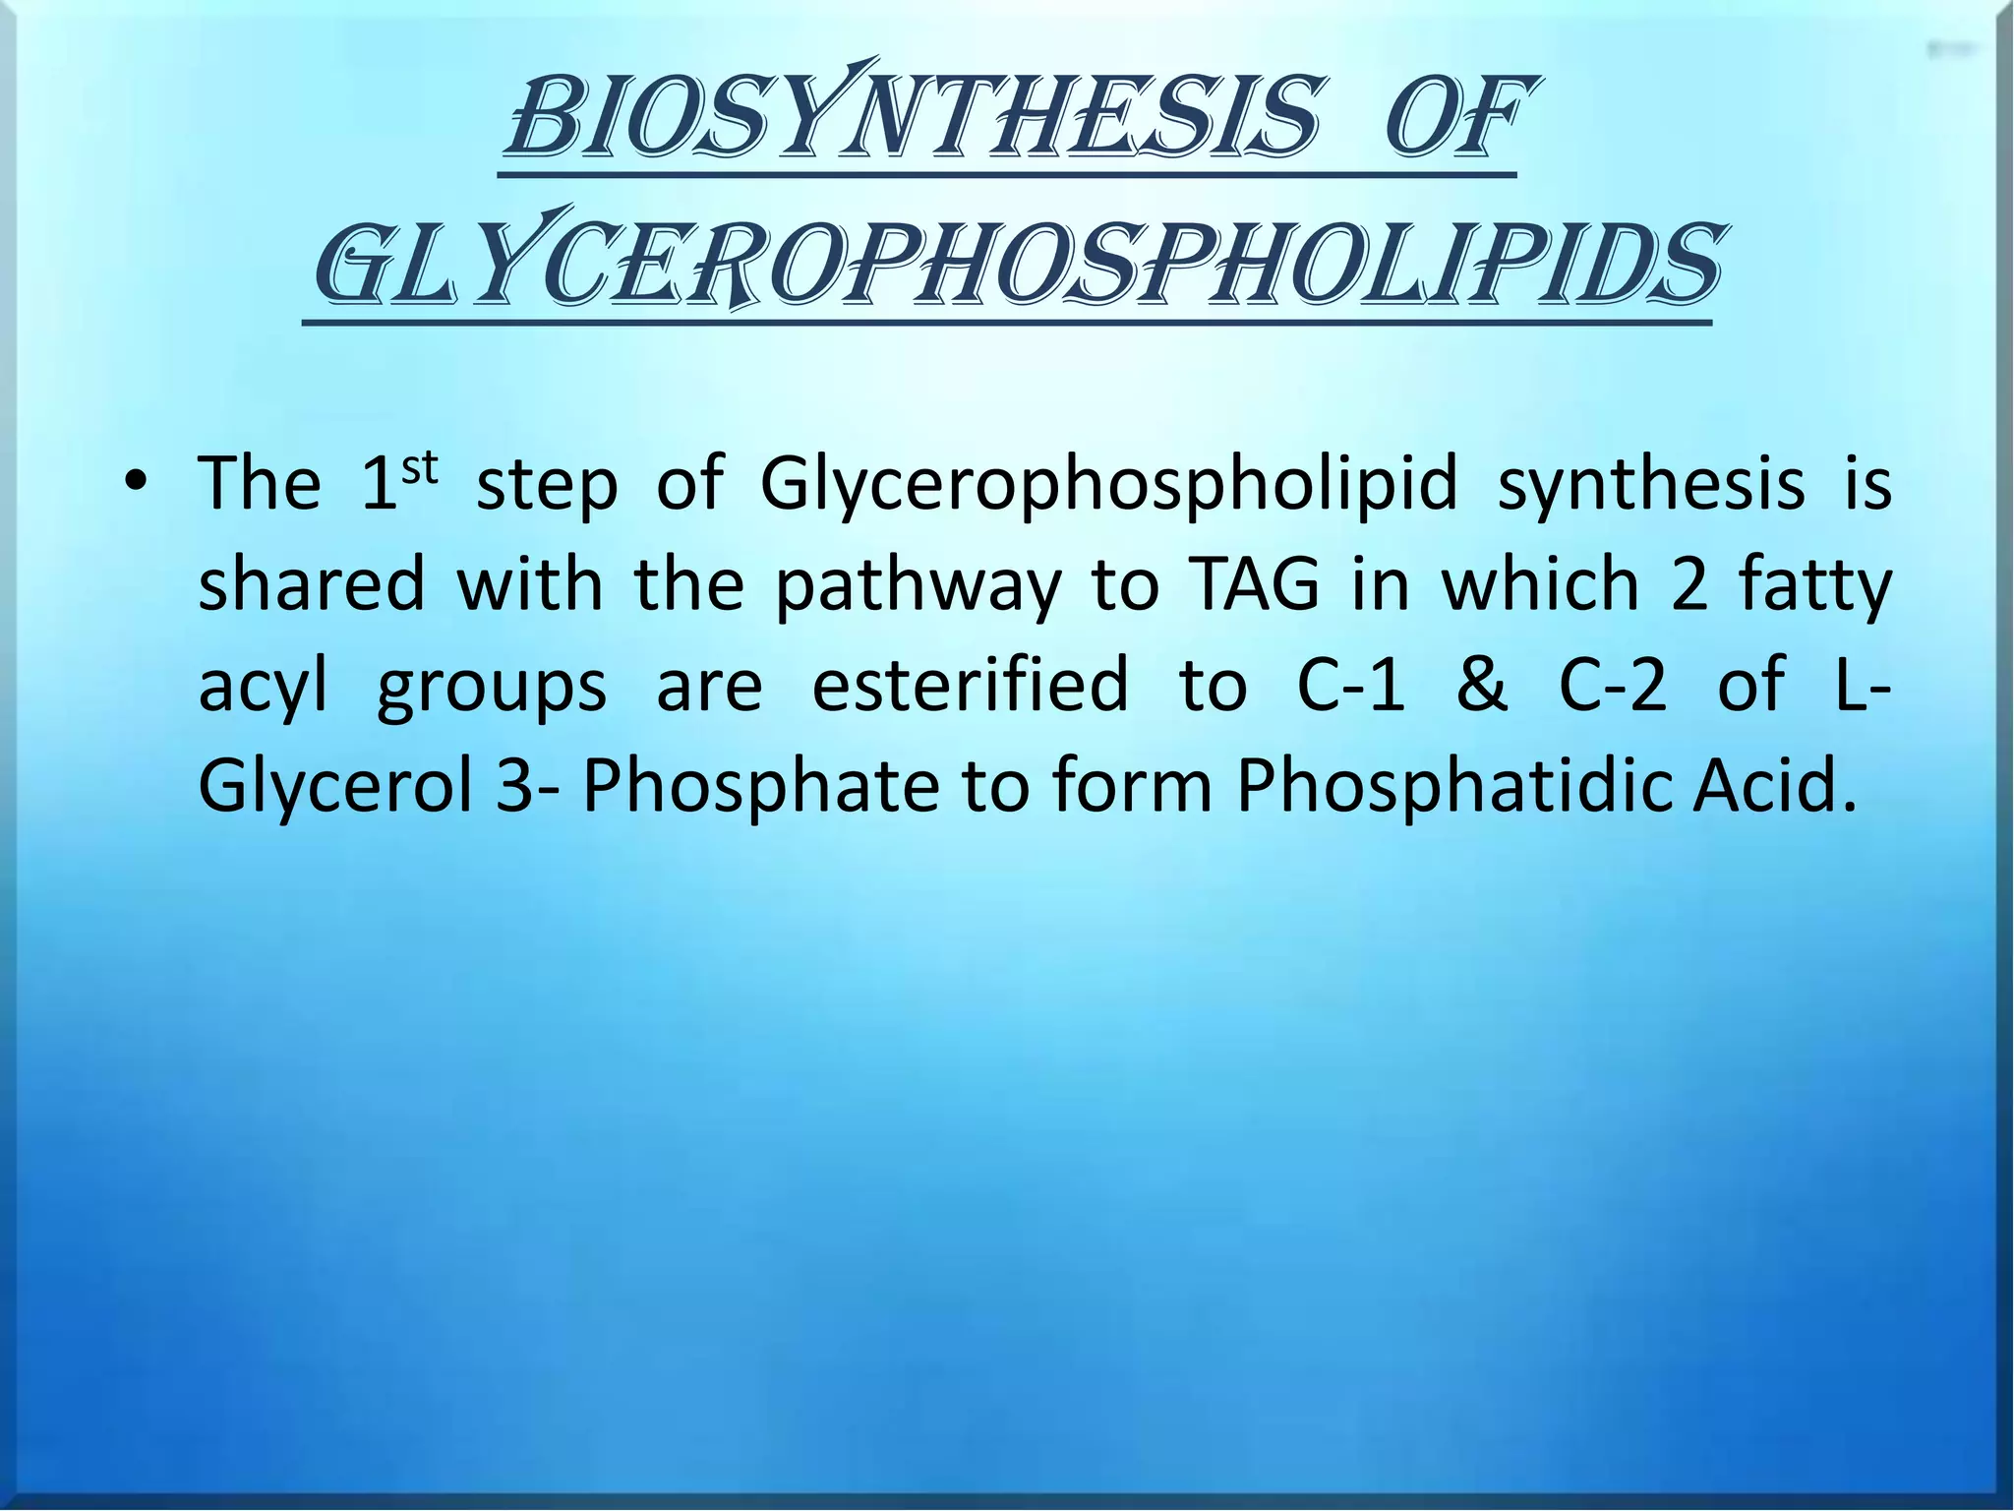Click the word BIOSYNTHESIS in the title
(910, 120)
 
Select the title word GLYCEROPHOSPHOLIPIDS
(1017, 264)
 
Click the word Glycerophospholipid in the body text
(1107, 484)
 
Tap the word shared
(312, 584)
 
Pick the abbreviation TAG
(1254, 584)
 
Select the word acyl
(263, 687)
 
